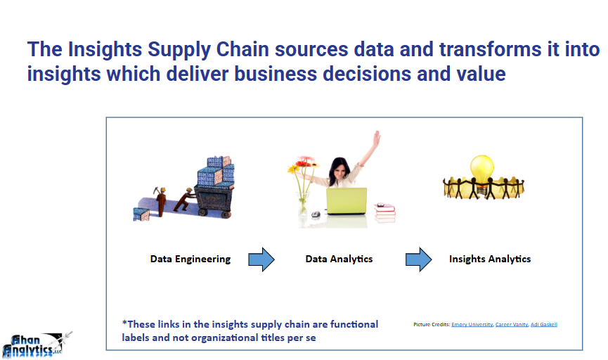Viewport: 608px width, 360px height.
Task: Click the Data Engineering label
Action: (190, 259)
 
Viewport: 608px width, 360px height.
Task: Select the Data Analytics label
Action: (339, 259)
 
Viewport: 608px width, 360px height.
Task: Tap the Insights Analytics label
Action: (490, 259)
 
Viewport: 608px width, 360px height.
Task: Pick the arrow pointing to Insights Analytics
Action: (419, 259)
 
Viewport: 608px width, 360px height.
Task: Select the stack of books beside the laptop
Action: (384, 210)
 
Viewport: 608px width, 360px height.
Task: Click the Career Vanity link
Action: (511, 324)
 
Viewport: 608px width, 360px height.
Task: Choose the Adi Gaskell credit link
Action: (543, 324)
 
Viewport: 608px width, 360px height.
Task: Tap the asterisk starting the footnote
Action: (124, 323)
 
